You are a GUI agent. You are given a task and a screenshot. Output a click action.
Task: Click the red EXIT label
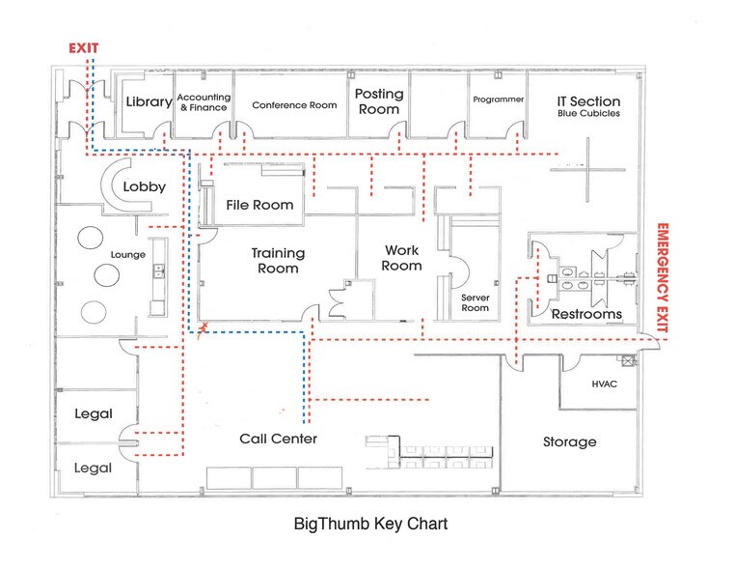(x=84, y=47)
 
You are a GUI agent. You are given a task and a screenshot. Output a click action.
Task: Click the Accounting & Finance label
(x=203, y=102)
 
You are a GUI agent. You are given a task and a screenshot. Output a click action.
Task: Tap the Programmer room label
(x=499, y=99)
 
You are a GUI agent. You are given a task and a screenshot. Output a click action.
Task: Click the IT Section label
(x=588, y=106)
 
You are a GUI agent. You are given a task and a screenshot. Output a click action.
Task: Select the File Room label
(x=259, y=205)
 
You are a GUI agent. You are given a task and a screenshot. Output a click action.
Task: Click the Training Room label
(x=278, y=261)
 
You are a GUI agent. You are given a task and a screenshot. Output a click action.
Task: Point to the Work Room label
(x=402, y=258)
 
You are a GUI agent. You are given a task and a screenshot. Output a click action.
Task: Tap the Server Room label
(x=475, y=302)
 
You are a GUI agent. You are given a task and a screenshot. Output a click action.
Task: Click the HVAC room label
(x=605, y=383)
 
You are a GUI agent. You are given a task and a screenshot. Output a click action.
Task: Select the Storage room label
(x=569, y=441)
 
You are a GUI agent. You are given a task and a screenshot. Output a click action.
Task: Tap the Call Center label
(x=278, y=440)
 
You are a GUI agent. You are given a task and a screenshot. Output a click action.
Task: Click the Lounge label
(x=128, y=255)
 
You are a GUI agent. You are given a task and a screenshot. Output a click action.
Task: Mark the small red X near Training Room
(x=202, y=330)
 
